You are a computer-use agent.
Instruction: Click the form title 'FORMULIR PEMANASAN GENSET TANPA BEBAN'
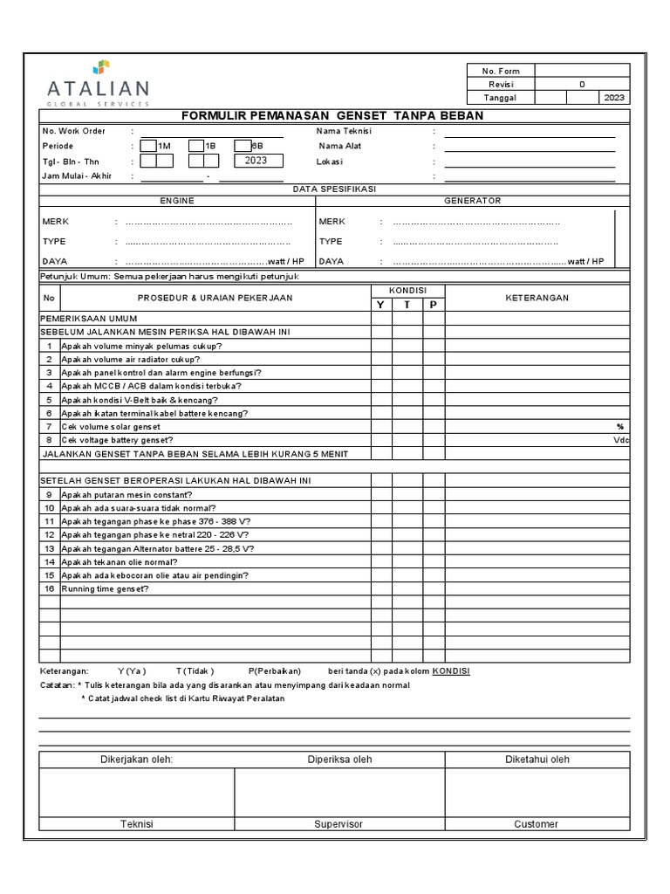coord(332,116)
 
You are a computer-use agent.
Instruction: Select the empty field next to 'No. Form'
coord(582,71)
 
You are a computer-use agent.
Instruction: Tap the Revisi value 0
coord(582,85)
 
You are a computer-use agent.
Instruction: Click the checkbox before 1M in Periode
coord(148,146)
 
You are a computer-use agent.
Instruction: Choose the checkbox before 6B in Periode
coord(243,146)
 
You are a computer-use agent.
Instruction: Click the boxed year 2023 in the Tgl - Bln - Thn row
coord(256,161)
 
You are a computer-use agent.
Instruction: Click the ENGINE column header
coord(176,201)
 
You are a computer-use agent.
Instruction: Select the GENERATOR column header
coord(473,201)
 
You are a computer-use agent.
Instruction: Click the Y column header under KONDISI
coord(380,305)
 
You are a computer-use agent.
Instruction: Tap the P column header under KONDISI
coord(434,305)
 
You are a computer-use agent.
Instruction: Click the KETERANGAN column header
coord(537,298)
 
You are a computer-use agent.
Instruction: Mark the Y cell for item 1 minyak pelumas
coord(380,346)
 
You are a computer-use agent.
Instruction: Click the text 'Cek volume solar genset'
coord(111,426)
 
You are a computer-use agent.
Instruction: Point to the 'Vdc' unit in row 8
coord(620,440)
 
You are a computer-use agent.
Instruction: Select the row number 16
coord(50,588)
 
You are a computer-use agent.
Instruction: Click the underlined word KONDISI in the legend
coord(451,670)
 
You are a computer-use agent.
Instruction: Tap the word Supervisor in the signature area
coord(338,824)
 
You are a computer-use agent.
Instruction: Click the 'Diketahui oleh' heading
coord(537,760)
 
